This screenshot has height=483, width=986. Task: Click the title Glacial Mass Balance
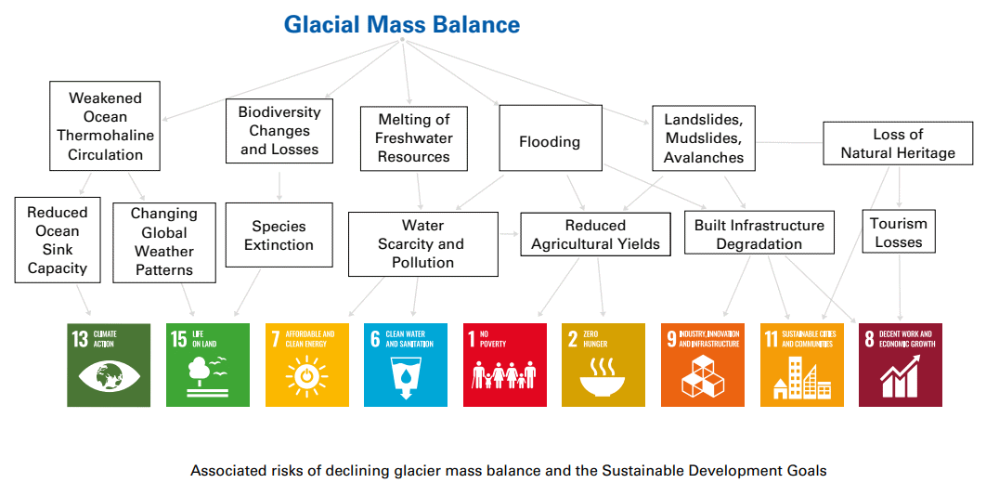(x=402, y=24)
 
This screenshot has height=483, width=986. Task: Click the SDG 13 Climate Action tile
(x=109, y=365)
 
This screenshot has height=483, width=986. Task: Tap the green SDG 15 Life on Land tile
(x=208, y=365)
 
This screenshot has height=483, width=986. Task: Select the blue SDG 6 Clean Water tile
(x=406, y=365)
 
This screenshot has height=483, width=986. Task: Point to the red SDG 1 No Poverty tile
(x=505, y=365)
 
